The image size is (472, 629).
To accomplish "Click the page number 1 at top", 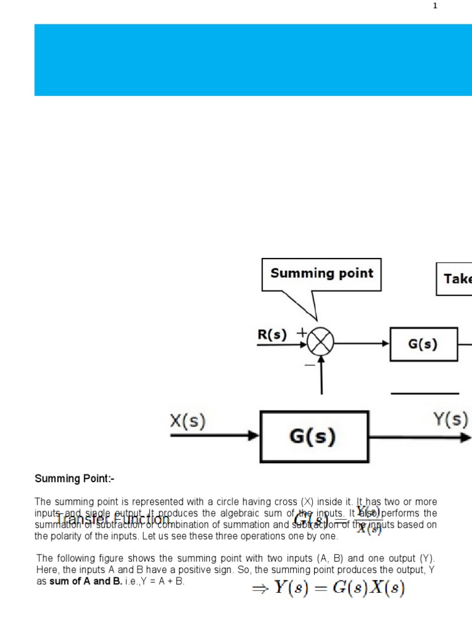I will [435, 6].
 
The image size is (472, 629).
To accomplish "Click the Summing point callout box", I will [321, 274].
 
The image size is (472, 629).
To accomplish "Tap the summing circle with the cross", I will [320, 341].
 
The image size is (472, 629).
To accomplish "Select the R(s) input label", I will [272, 335].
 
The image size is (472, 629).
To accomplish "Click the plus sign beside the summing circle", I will [302, 332].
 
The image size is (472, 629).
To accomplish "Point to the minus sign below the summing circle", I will [309, 364].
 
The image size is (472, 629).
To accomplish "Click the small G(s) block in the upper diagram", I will [423, 344].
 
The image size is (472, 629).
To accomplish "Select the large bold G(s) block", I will [314, 436].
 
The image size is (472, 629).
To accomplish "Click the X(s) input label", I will [187, 421].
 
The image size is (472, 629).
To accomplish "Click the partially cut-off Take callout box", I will [455, 279].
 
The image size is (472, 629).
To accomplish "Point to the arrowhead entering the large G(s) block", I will [253, 436].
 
